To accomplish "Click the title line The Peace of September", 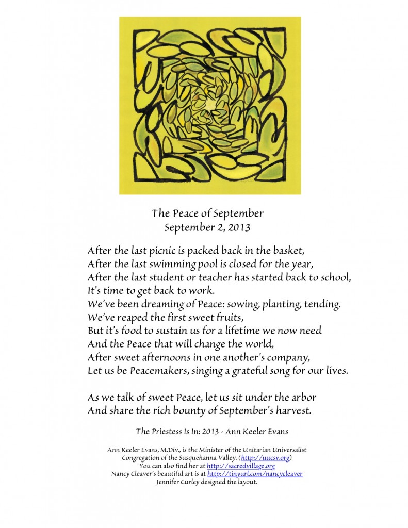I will click(207, 213).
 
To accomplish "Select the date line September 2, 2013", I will click(207, 226).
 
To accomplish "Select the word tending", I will click(319, 305).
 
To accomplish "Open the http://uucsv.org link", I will click(270, 458).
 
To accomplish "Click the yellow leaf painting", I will click(210, 106).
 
